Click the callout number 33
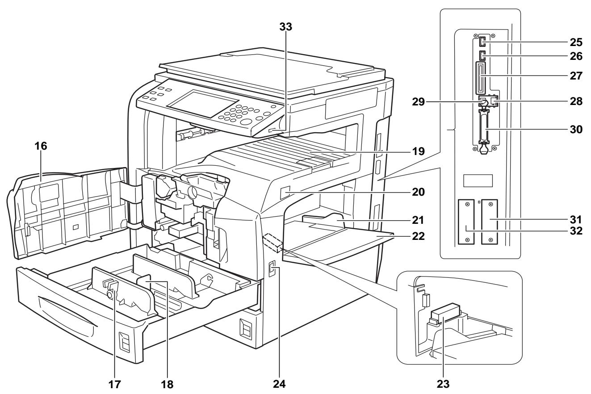coord(286,27)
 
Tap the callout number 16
coord(41,146)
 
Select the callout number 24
coord(279,384)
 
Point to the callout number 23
coord(443,384)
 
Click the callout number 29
coord(419,102)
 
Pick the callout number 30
coord(576,130)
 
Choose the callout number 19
coord(419,151)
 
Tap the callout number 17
coord(115,384)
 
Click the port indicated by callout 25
coord(482,42)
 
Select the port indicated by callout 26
coord(482,56)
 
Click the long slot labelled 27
coord(481,78)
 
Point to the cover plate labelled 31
coord(490,222)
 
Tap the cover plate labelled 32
coord(466,222)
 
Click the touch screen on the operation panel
coord(203,103)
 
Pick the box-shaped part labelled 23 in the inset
coord(445,313)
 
